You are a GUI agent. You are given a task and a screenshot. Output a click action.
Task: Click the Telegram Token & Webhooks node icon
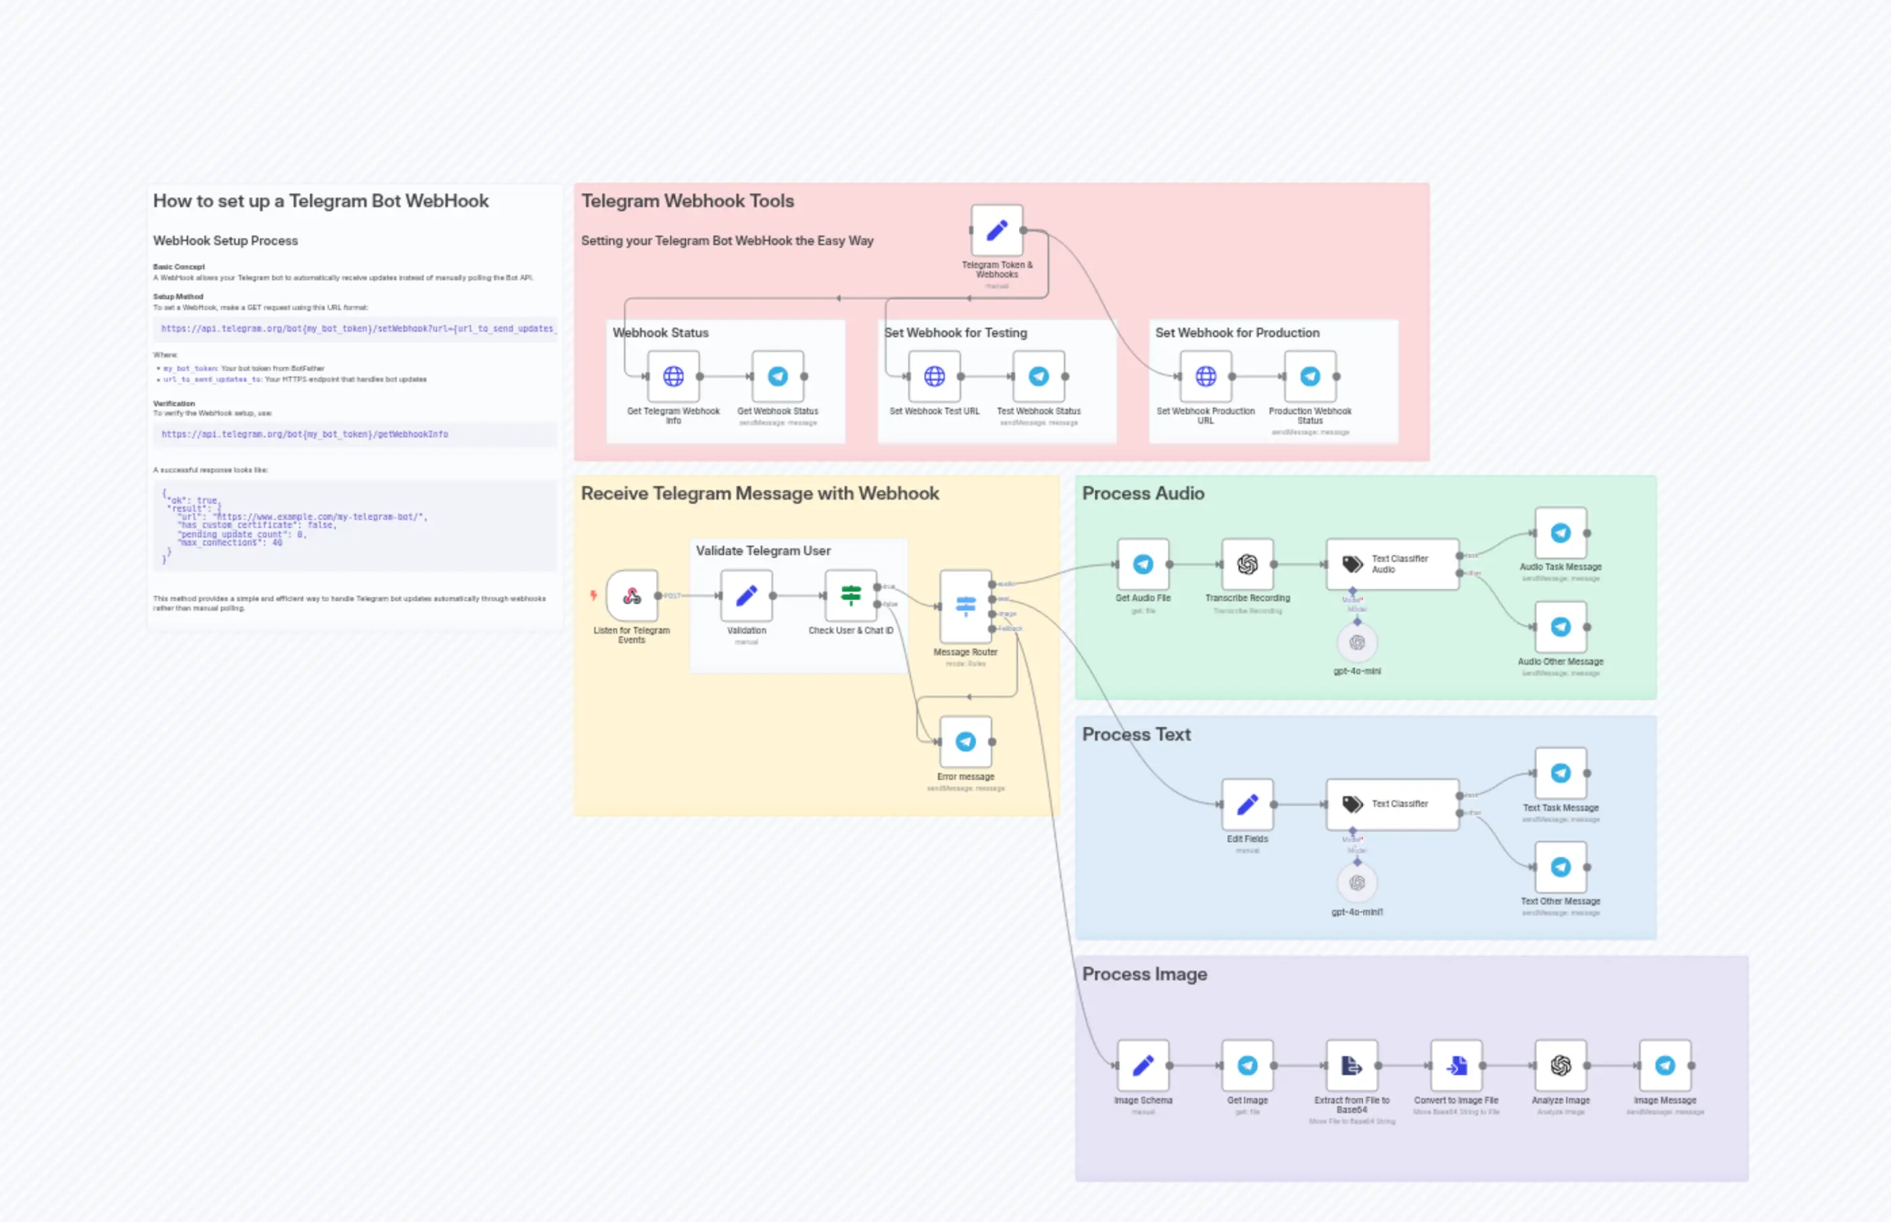pyautogui.click(x=996, y=231)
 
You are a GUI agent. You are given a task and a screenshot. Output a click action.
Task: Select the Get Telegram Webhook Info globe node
pyautogui.click(x=673, y=376)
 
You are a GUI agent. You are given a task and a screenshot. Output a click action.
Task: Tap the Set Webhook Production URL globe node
pyautogui.click(x=1205, y=376)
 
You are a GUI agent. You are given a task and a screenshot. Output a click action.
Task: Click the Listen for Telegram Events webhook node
pyautogui.click(x=631, y=595)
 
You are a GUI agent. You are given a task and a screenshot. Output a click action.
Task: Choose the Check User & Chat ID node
pyautogui.click(x=850, y=595)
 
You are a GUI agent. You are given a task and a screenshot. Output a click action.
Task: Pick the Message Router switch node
pyautogui.click(x=965, y=606)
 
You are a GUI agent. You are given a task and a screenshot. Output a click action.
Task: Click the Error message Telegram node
pyautogui.click(x=965, y=742)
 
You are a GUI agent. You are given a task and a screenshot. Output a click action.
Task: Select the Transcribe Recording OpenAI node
pyautogui.click(x=1247, y=564)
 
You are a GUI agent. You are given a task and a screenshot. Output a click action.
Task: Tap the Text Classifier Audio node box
pyautogui.click(x=1392, y=564)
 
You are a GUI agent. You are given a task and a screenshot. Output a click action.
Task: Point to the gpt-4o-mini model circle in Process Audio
pyautogui.click(x=1357, y=642)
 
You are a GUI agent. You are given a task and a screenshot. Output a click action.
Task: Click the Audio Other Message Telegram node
pyautogui.click(x=1560, y=627)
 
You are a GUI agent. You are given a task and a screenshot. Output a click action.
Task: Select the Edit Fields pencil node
pyautogui.click(x=1247, y=804)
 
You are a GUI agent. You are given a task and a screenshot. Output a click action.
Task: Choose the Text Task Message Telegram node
pyautogui.click(x=1560, y=774)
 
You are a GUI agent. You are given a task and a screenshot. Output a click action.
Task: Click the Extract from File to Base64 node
pyautogui.click(x=1352, y=1066)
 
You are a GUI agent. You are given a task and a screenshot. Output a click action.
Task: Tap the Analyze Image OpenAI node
pyautogui.click(x=1560, y=1066)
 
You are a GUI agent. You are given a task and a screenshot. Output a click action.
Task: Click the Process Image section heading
pyautogui.click(x=1144, y=974)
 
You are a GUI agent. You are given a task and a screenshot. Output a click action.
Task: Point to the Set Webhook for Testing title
pyautogui.click(x=956, y=332)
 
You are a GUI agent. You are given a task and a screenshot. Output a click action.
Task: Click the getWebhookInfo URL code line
pyautogui.click(x=305, y=434)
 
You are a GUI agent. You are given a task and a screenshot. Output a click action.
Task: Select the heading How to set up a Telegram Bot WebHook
pyautogui.click(x=320, y=201)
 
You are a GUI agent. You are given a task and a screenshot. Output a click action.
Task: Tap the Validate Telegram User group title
pyautogui.click(x=763, y=550)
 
